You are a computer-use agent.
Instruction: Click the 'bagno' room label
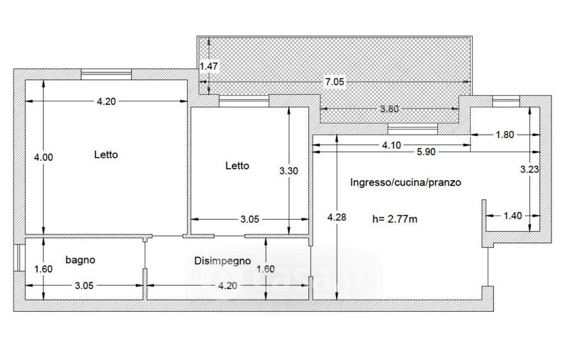pyautogui.click(x=80, y=260)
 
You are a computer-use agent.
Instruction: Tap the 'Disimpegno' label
pyautogui.click(x=223, y=261)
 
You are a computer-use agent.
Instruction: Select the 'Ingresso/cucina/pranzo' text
pyautogui.click(x=405, y=182)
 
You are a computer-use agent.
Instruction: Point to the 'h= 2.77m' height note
pyautogui.click(x=395, y=219)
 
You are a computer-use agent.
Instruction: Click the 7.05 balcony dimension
pyautogui.click(x=335, y=82)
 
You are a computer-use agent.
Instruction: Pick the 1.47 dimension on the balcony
pyautogui.click(x=209, y=66)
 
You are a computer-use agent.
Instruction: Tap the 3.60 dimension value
pyautogui.click(x=389, y=109)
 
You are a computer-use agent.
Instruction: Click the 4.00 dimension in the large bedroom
pyautogui.click(x=43, y=157)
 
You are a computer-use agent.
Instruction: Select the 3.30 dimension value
pyautogui.click(x=288, y=171)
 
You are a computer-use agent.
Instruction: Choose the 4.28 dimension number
pyautogui.click(x=337, y=218)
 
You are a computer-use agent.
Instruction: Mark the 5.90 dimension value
pyautogui.click(x=427, y=152)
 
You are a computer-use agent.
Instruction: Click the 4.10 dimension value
pyautogui.click(x=392, y=145)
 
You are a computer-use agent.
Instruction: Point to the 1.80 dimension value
pyautogui.click(x=505, y=135)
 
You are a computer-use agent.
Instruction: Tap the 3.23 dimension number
pyautogui.click(x=529, y=169)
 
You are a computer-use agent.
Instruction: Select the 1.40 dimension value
pyautogui.click(x=512, y=215)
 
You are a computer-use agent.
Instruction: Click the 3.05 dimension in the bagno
pyautogui.click(x=84, y=286)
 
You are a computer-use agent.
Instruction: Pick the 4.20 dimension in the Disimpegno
pyautogui.click(x=228, y=286)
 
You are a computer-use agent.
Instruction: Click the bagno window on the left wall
pyautogui.click(x=19, y=258)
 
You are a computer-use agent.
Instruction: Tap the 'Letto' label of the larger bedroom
pyautogui.click(x=106, y=154)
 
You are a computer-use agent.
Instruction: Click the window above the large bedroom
pyautogui.click(x=106, y=74)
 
